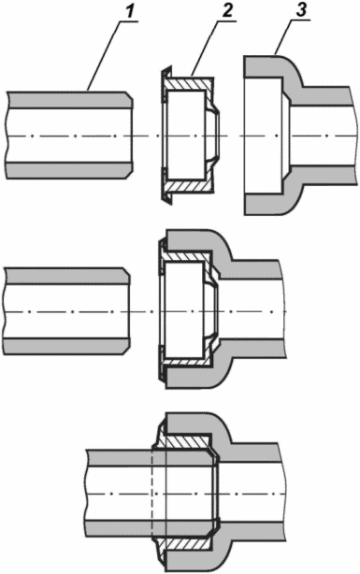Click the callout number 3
300,9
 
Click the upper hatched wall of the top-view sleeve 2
188,83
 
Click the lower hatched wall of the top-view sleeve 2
188,186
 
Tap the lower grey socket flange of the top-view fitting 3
264,204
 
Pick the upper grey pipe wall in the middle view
65,276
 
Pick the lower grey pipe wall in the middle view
65,346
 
